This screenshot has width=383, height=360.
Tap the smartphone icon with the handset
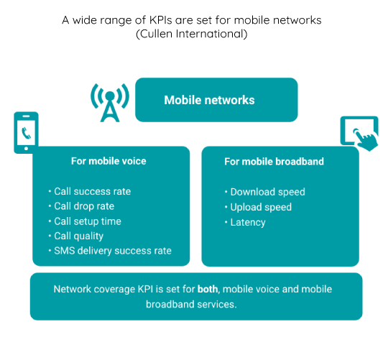tap(26, 133)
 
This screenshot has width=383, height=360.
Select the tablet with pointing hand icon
tap(359, 134)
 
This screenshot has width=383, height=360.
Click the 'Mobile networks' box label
tap(209, 100)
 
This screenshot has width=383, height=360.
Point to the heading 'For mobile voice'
tap(109, 161)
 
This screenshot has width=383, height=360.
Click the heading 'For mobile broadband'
tap(274, 162)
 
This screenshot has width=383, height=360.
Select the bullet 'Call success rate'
tap(92, 191)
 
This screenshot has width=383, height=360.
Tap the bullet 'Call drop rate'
tap(84, 206)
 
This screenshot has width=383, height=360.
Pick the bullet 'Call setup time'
tap(88, 221)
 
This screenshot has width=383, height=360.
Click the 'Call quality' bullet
tap(78, 236)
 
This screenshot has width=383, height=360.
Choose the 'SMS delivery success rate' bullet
tap(113, 251)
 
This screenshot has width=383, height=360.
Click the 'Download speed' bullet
tap(268, 192)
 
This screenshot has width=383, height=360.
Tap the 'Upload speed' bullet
tap(261, 208)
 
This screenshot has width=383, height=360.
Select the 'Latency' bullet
tap(248, 223)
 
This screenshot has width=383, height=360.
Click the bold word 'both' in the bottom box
tap(208, 289)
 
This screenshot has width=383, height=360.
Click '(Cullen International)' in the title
tap(192, 34)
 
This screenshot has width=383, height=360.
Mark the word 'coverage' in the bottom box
tap(114, 290)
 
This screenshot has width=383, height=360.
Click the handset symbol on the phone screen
tap(26, 133)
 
